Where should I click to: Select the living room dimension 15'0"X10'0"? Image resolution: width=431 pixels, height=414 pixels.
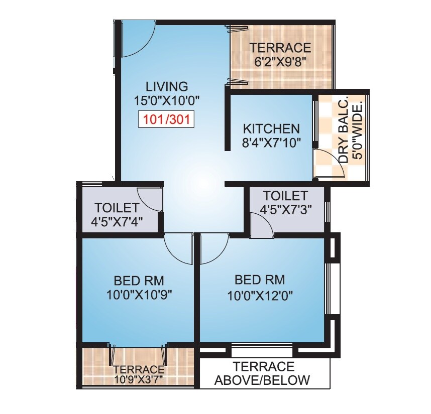(167, 100)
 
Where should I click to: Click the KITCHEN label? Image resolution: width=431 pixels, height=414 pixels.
(271, 128)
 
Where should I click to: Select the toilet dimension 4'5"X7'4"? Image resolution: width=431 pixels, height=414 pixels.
(117, 221)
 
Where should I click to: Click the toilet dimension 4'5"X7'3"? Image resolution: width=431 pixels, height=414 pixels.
(285, 210)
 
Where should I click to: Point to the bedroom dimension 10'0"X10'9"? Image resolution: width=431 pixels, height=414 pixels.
(139, 295)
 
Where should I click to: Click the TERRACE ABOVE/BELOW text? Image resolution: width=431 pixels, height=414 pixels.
(263, 373)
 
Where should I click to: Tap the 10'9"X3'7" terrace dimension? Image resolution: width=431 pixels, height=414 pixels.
(138, 378)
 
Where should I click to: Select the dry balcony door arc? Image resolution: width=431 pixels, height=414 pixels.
(332, 170)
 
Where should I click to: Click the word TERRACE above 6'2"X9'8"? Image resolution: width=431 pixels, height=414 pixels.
(281, 48)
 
